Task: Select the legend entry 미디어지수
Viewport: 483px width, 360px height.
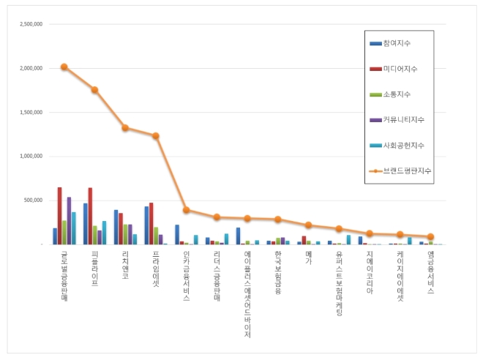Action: [400, 69]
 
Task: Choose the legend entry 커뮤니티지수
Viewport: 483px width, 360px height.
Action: [402, 119]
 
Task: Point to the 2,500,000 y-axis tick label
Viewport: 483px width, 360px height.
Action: [29, 24]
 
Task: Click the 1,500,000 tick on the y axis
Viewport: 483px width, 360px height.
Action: [29, 112]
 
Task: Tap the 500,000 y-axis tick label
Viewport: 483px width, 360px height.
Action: [32, 200]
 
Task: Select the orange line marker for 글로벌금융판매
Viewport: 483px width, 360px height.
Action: [64, 67]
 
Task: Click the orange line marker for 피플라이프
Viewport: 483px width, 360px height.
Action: [94, 90]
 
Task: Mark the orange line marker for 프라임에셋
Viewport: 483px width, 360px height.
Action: [156, 135]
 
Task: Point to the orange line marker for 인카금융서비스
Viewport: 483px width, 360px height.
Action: [187, 210]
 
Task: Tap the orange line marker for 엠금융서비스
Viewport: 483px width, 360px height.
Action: [430, 236]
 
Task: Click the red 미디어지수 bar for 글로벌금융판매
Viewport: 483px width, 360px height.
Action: [59, 216]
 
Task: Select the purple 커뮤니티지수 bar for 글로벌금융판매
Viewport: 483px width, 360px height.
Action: [69, 220]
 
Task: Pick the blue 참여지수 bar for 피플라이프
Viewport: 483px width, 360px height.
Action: [86, 224]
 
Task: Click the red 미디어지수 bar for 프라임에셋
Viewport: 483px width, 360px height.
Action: [151, 223]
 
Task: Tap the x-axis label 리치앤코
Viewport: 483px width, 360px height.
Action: [125, 265]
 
